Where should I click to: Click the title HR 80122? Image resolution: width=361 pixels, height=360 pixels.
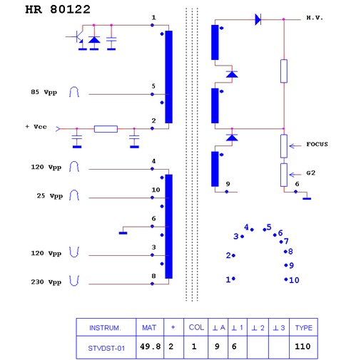tap(58, 9)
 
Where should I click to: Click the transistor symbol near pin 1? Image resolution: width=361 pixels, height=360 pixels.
tap(77, 36)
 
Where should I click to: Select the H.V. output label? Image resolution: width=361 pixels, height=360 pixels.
tap(315, 18)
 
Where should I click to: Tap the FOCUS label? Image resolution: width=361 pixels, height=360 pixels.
tap(317, 144)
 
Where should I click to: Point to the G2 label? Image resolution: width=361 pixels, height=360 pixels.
tap(311, 173)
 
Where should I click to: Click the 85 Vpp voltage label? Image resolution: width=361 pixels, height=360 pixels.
tap(44, 92)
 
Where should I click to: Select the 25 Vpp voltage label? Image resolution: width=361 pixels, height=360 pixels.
tap(50, 196)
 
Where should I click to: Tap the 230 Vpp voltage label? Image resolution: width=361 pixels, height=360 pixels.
tap(46, 282)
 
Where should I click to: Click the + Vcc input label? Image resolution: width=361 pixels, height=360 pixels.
tap(36, 127)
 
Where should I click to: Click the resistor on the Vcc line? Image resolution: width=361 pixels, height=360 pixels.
tap(106, 129)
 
